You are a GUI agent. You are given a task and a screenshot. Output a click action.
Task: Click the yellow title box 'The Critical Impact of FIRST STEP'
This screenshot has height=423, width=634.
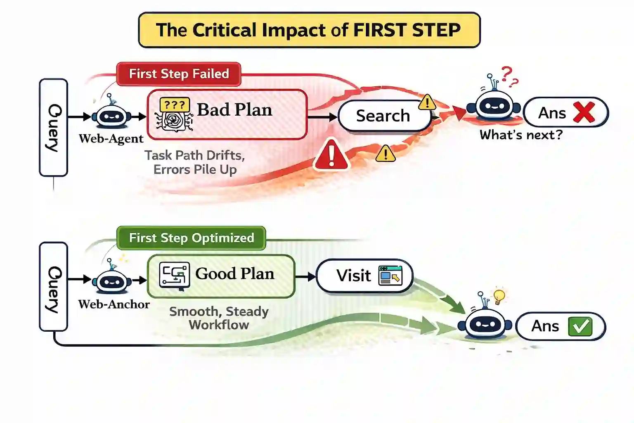(x=309, y=30)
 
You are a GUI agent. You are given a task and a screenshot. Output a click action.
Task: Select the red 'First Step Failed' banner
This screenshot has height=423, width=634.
(x=179, y=74)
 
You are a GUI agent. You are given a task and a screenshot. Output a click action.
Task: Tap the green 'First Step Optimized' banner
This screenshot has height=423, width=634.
(x=191, y=238)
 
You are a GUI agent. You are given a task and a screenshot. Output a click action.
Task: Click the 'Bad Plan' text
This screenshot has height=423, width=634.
(x=234, y=110)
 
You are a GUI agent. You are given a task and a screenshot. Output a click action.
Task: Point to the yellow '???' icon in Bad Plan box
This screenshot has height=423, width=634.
(x=174, y=105)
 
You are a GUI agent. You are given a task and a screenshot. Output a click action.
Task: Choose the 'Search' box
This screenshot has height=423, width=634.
(x=383, y=116)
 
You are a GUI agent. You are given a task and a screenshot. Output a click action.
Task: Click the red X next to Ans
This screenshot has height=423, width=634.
(x=584, y=112)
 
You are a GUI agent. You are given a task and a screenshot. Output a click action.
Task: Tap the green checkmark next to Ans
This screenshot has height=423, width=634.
(x=580, y=326)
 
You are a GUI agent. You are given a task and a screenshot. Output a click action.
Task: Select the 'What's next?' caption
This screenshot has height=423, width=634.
(x=521, y=135)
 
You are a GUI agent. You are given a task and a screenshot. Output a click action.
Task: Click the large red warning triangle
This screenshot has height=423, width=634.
(x=331, y=156)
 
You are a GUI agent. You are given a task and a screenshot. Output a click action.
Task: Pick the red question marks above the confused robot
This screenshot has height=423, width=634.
(x=509, y=77)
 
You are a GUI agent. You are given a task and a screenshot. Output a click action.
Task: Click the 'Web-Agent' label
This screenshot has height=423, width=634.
(x=111, y=139)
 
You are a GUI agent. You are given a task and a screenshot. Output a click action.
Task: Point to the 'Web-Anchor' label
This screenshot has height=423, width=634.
(x=114, y=304)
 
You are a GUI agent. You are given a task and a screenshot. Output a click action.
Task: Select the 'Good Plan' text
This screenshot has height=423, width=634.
(x=234, y=274)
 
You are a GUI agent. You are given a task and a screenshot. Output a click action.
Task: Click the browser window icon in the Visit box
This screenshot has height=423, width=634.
(x=390, y=275)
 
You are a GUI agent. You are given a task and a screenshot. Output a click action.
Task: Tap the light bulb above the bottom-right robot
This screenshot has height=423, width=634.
(x=499, y=296)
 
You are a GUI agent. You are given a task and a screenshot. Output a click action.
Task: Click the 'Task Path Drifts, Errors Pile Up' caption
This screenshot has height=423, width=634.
(x=195, y=162)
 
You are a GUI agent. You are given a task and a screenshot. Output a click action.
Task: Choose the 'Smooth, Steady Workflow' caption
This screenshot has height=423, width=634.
(x=219, y=318)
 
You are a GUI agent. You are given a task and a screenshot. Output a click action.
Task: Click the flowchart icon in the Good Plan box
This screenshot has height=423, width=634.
(x=174, y=275)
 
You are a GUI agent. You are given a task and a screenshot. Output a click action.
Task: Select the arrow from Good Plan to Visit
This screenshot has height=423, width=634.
(x=305, y=276)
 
